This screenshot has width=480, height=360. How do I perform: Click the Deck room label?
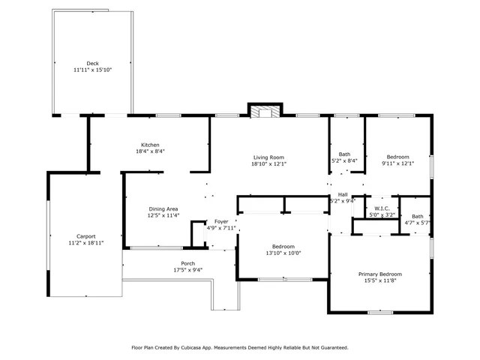(92, 63)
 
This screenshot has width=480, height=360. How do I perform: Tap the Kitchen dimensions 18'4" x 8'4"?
(150, 151)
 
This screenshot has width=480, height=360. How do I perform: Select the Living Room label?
(268, 157)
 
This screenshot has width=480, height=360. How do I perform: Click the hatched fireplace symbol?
(265, 112)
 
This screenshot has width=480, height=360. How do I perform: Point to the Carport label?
(86, 236)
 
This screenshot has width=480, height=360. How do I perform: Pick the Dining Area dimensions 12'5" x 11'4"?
(163, 215)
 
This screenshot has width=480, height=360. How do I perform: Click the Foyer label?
(221, 221)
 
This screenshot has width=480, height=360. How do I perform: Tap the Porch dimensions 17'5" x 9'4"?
(188, 270)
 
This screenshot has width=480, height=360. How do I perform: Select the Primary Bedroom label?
(380, 274)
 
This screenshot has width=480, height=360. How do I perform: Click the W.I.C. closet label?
(382, 208)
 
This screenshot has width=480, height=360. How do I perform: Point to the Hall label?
(343, 195)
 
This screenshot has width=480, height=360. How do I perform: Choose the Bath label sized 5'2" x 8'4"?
(344, 154)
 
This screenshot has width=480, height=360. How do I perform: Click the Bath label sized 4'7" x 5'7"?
(418, 217)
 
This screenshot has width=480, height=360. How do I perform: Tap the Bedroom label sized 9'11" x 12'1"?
(397, 157)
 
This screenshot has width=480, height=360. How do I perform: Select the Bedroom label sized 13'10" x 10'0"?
(283, 247)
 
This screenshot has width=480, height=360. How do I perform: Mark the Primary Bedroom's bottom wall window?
(380, 313)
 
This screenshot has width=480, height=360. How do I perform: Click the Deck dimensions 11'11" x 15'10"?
(93, 70)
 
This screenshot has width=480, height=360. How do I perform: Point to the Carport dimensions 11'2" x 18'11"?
(86, 243)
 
